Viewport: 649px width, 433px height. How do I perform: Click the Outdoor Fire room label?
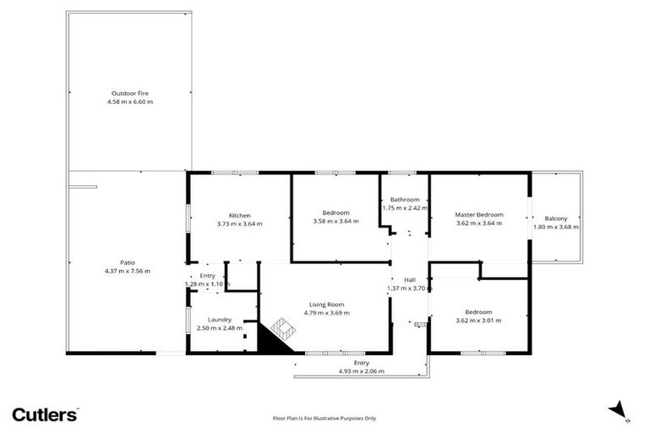pyautogui.click(x=130, y=93)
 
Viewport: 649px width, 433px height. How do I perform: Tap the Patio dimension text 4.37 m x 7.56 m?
pyautogui.click(x=128, y=271)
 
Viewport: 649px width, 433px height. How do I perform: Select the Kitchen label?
pyautogui.click(x=239, y=215)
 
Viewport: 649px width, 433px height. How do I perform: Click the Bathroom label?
pyautogui.click(x=404, y=200)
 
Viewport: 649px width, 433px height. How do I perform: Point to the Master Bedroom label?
pyautogui.click(x=479, y=215)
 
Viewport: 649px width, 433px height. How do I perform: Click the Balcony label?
pyautogui.click(x=555, y=218)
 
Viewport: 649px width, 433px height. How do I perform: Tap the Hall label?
pyautogui.click(x=410, y=280)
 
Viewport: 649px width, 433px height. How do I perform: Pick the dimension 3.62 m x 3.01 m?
pyautogui.click(x=478, y=321)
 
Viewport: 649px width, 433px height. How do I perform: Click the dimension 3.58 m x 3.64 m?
pyautogui.click(x=335, y=222)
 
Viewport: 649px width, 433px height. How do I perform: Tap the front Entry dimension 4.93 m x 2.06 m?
pyautogui.click(x=361, y=371)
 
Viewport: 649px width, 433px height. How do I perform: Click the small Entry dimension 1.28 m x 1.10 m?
pyautogui.click(x=207, y=284)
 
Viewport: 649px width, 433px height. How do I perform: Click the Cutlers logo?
pyautogui.click(x=45, y=414)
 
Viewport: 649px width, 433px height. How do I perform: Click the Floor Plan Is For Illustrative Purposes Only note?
pyautogui.click(x=324, y=418)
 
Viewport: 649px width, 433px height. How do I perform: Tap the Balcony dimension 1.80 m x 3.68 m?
pyautogui.click(x=555, y=227)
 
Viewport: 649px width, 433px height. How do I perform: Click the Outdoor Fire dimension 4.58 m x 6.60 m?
pyautogui.click(x=130, y=101)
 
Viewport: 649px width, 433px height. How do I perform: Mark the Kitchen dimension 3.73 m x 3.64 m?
pyautogui.click(x=239, y=223)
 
